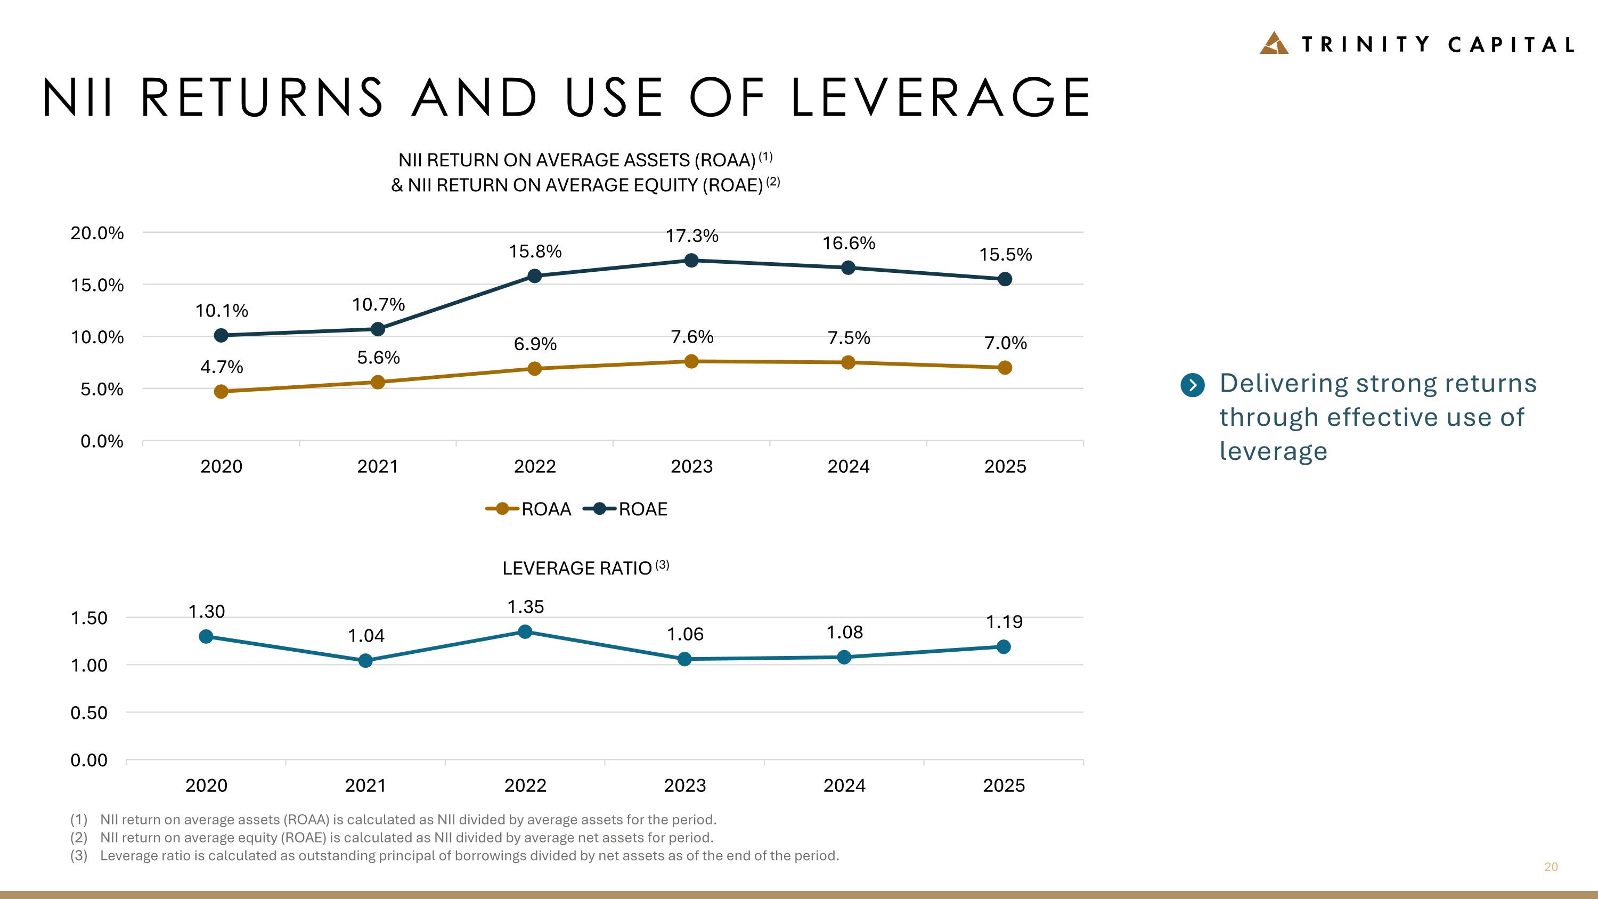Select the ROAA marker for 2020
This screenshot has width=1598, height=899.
coord(221,392)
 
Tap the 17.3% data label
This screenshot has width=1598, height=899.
coord(692,236)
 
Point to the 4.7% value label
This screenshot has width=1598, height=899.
coord(222,367)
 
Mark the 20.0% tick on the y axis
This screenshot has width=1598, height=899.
coord(97,233)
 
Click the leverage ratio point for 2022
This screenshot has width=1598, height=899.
coord(525,631)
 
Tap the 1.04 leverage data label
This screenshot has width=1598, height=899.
coord(366,636)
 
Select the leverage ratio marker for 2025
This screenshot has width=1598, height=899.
coord(1003,647)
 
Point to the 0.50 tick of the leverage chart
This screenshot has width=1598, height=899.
coord(89,713)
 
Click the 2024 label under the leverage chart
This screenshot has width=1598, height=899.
coord(844,786)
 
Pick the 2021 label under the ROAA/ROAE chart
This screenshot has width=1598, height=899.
coord(378,467)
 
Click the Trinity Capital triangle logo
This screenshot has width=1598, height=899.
coord(1274,43)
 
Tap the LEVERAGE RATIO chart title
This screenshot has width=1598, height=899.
coord(577,568)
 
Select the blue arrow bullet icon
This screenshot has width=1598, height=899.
coord(1192,385)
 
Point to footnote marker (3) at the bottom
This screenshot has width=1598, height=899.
coord(79,856)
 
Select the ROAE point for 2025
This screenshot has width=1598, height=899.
coord(1005,279)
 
